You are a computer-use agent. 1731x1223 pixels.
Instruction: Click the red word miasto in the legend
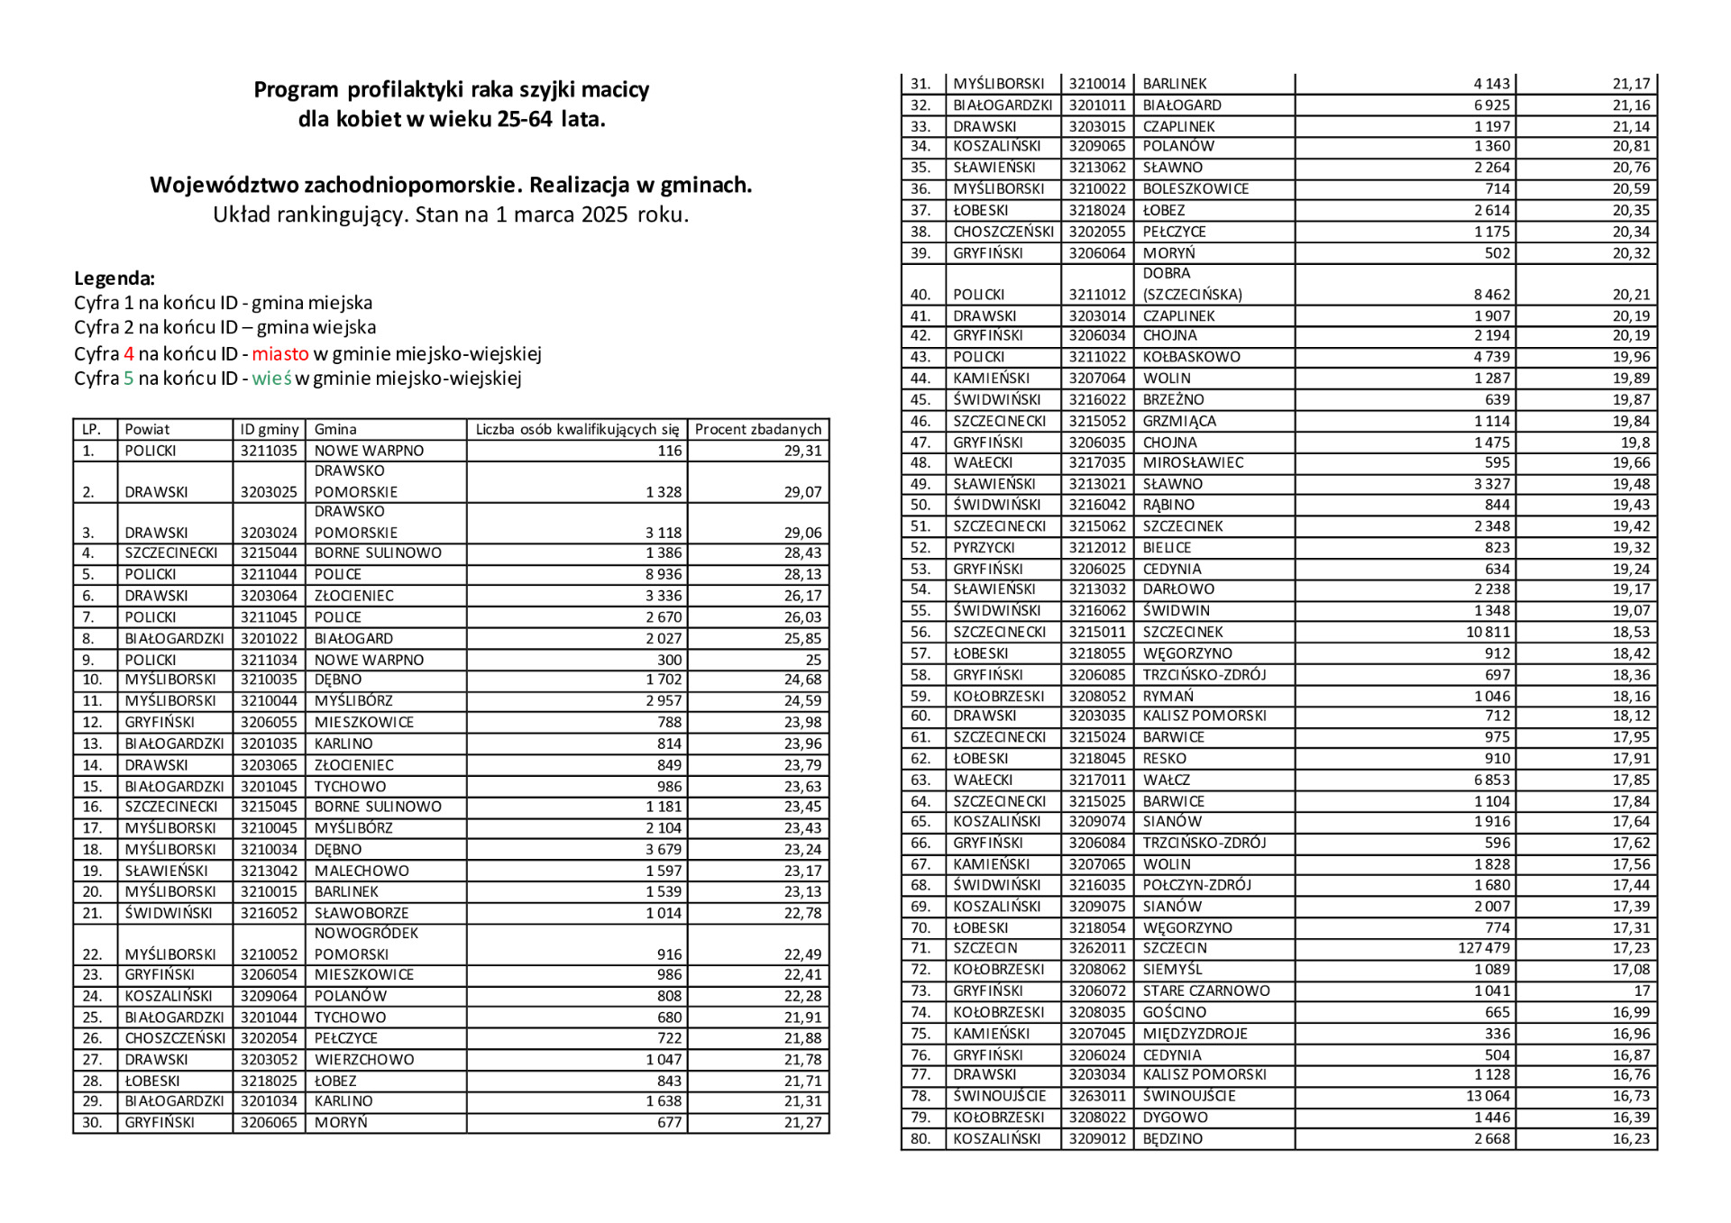coord(279,353)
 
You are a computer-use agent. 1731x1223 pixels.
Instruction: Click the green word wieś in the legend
coord(271,379)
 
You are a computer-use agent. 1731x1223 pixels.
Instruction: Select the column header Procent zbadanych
coord(757,429)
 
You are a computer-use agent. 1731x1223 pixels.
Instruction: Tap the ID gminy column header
coord(269,429)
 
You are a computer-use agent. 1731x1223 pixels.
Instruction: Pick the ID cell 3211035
coord(269,451)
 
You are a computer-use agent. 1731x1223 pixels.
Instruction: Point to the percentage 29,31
coord(802,451)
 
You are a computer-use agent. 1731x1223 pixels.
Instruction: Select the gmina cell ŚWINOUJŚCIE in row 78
coord(1188,1096)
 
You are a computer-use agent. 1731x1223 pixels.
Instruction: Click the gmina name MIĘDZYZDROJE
coord(1195,1034)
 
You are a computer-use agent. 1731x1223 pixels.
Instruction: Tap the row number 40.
coord(920,295)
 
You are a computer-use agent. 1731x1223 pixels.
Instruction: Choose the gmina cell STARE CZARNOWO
coord(1205,990)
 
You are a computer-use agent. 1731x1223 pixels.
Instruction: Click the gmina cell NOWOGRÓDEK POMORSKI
coord(366,944)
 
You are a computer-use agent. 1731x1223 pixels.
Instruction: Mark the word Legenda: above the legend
coord(114,278)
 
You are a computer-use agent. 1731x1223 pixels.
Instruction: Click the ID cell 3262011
coord(1097,948)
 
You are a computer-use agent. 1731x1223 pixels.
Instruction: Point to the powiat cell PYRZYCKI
coord(984,548)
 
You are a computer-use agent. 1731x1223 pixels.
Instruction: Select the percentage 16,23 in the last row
coord(1631,1138)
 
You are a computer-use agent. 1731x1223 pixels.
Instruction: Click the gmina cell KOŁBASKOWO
coord(1191,357)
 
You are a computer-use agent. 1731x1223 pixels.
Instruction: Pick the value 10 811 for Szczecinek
coord(1488,632)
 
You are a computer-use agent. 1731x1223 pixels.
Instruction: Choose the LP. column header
coord(91,429)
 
